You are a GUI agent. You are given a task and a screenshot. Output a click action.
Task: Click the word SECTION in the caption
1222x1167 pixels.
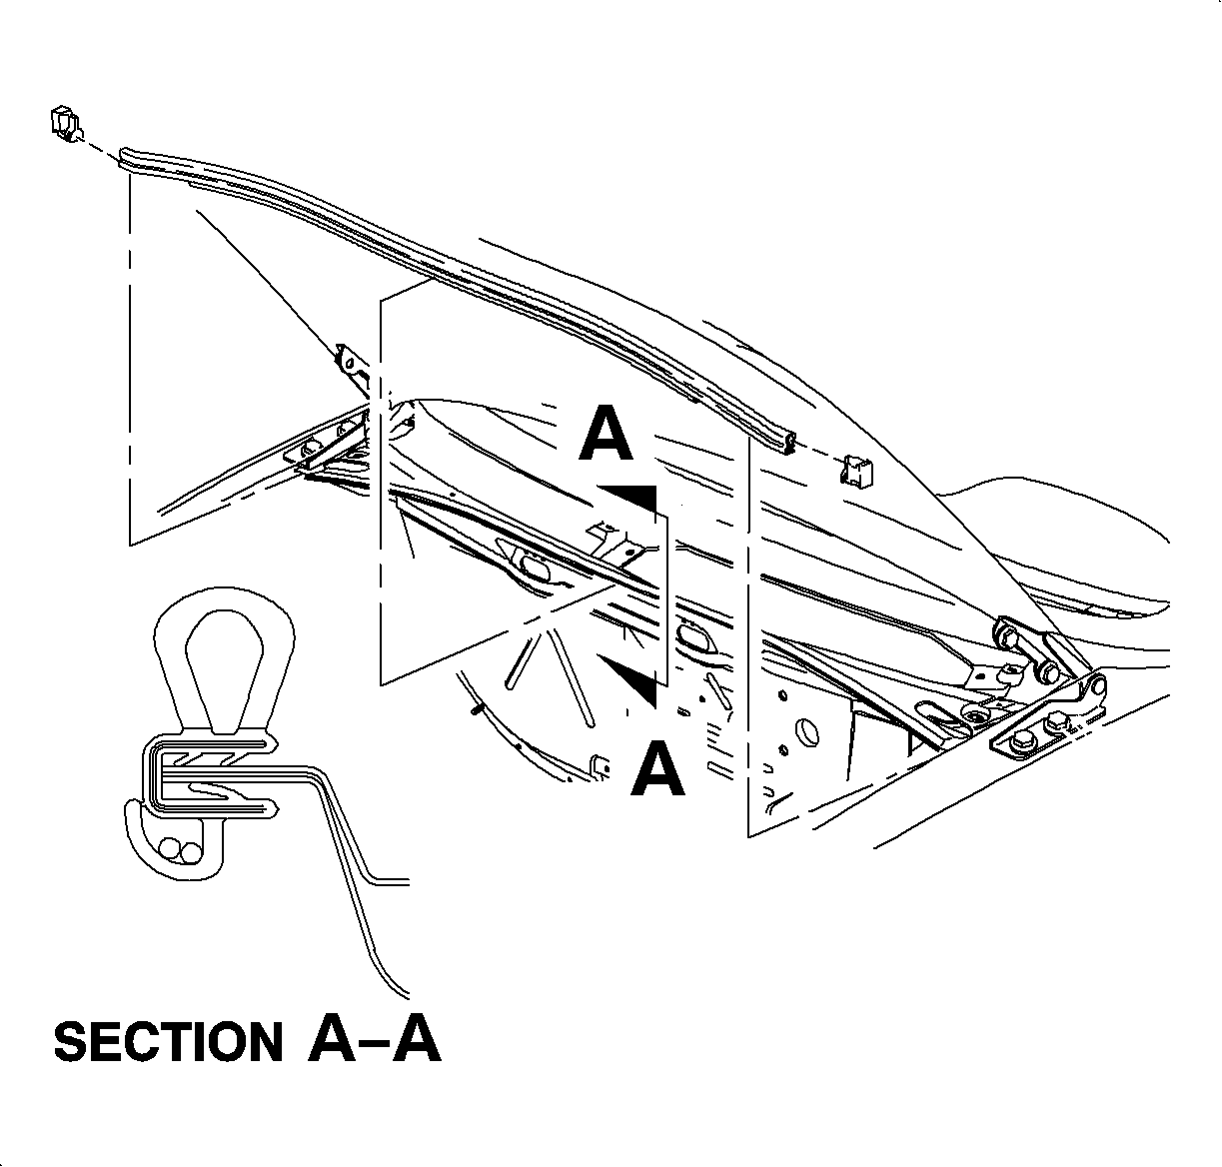(168, 1042)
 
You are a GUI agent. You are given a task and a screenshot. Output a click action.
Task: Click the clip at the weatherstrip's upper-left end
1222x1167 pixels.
(64, 124)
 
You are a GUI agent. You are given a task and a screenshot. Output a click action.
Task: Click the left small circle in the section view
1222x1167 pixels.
(170, 849)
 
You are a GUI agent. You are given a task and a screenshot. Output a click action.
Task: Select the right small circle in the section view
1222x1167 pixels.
(189, 849)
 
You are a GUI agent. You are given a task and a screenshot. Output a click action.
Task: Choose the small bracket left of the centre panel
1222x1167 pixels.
(349, 359)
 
